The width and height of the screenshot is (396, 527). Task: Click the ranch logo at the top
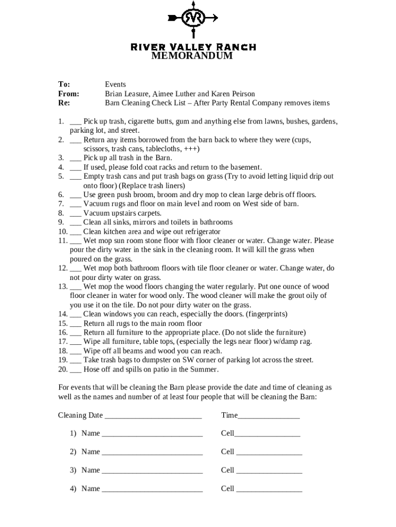point(193,19)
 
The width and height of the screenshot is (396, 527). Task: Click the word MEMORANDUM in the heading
point(192,56)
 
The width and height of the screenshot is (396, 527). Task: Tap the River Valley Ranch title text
point(193,47)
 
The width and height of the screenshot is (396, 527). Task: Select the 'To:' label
point(64,84)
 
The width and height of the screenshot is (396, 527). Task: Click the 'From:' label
point(68,94)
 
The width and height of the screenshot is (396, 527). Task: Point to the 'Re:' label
point(63,103)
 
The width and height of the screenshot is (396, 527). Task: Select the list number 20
point(62,370)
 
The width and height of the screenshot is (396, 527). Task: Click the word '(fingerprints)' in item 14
point(266,314)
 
